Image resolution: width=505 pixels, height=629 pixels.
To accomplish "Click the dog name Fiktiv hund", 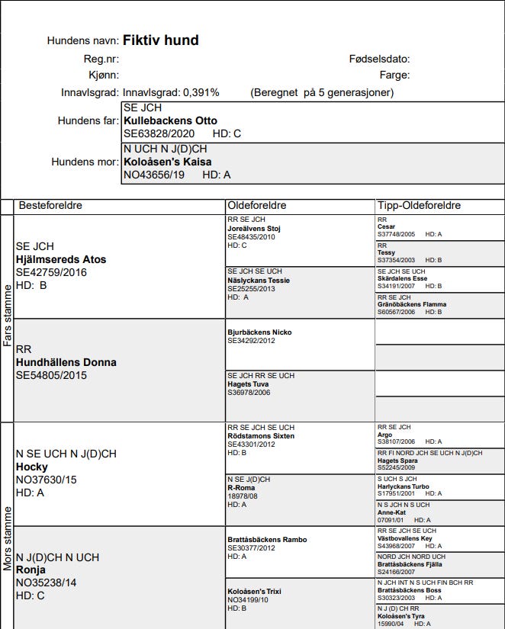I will click(160, 40).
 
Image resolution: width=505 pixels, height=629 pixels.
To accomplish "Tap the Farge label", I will click(394, 75).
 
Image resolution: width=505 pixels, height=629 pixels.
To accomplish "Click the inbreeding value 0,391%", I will click(201, 92).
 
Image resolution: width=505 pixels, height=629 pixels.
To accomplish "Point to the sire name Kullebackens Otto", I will click(170, 120).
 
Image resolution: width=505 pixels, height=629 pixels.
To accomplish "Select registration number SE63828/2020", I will click(159, 133).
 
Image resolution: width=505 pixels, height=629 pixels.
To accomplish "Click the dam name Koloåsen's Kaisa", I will click(167, 162).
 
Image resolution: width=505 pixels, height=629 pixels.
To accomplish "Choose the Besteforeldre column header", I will click(50, 206).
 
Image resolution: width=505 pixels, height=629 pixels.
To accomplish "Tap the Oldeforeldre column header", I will click(257, 206).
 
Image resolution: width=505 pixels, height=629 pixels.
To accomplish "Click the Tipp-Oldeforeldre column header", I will click(420, 206).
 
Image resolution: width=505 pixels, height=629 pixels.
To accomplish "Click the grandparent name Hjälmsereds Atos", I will click(61, 259).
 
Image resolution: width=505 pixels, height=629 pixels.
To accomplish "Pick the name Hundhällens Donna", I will click(66, 362).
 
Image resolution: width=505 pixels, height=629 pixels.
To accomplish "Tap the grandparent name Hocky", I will click(31, 467).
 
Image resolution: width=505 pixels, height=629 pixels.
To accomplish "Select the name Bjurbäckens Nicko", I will click(259, 332).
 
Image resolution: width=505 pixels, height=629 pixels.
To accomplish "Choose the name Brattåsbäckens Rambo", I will click(267, 540).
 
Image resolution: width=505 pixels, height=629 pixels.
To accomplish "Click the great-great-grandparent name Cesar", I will click(387, 226).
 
